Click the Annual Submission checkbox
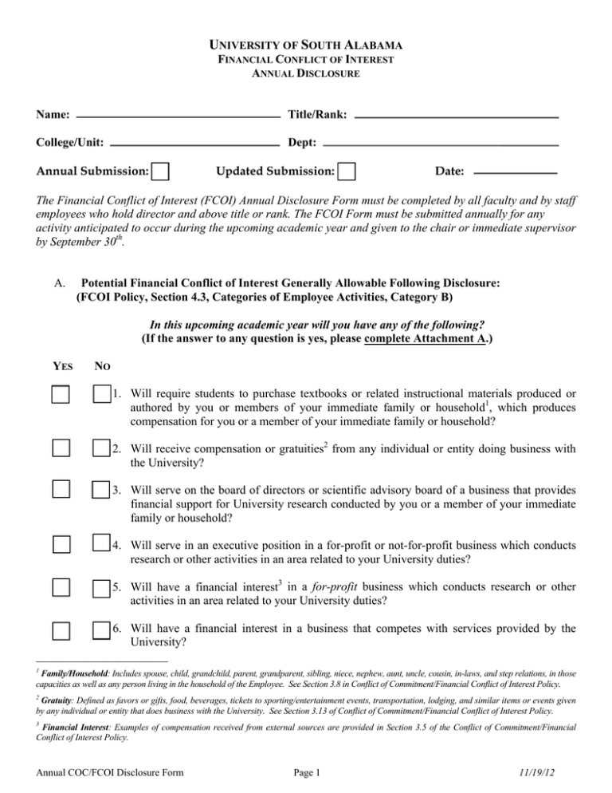(160, 171)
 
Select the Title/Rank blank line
(455, 116)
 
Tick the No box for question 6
(101, 631)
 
